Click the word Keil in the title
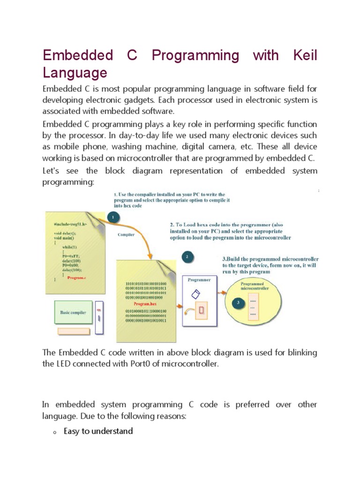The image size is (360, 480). (305, 55)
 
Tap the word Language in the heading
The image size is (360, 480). (75, 73)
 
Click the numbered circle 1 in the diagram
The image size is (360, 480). (112, 217)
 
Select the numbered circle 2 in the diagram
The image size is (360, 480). (187, 256)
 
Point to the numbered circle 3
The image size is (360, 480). (237, 302)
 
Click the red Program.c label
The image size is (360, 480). (76, 277)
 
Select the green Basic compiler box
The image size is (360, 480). (73, 313)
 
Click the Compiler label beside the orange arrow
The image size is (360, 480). (126, 234)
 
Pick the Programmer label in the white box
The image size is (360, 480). (199, 280)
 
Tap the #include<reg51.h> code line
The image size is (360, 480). (70, 225)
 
